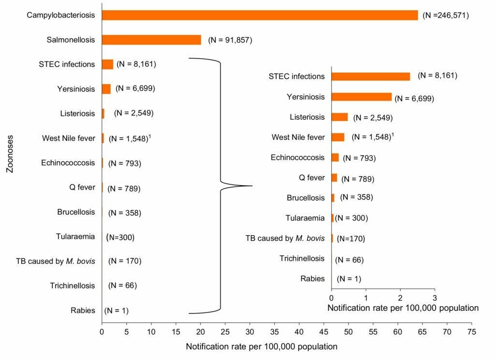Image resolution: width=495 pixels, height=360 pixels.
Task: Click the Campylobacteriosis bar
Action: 260,15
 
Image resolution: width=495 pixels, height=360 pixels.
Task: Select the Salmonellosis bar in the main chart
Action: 151,40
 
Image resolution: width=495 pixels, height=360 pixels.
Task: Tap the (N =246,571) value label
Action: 445,15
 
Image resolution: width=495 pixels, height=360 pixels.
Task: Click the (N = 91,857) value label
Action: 230,40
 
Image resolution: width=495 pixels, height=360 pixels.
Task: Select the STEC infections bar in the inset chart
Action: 370,76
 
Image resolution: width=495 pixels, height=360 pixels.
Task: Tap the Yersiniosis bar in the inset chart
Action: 361,97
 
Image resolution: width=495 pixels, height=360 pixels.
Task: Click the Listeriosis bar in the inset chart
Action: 339,117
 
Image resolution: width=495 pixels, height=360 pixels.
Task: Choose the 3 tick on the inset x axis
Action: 434,297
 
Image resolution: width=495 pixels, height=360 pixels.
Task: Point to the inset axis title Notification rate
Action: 403,308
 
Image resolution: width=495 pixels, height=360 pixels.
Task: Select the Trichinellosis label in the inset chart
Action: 302,258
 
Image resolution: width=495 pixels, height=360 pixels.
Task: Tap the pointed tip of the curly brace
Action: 251,186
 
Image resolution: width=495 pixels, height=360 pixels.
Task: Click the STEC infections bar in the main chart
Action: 107,64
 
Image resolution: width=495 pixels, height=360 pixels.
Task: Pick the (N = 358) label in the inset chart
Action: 357,197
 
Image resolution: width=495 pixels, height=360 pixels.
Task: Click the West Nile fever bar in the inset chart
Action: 337,137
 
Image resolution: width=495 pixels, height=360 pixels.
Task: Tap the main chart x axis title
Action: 261,346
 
